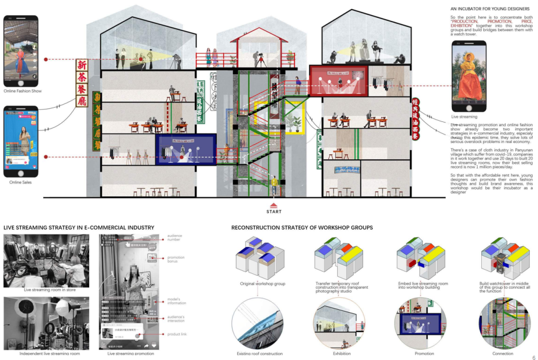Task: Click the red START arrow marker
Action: point(273,205)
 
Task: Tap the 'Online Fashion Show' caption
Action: point(22,91)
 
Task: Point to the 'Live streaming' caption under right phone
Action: point(464,117)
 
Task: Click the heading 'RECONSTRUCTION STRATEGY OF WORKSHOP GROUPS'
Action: point(302,228)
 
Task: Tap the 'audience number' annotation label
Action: point(175,238)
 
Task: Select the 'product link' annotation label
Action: point(177,334)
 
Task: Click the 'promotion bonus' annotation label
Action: point(176,259)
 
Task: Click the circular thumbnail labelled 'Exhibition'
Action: point(341,324)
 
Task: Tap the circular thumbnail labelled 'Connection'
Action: point(502,324)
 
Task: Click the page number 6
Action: point(534,357)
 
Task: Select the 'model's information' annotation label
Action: point(176,301)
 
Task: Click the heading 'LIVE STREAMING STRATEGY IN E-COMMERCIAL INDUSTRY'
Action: point(79,228)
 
